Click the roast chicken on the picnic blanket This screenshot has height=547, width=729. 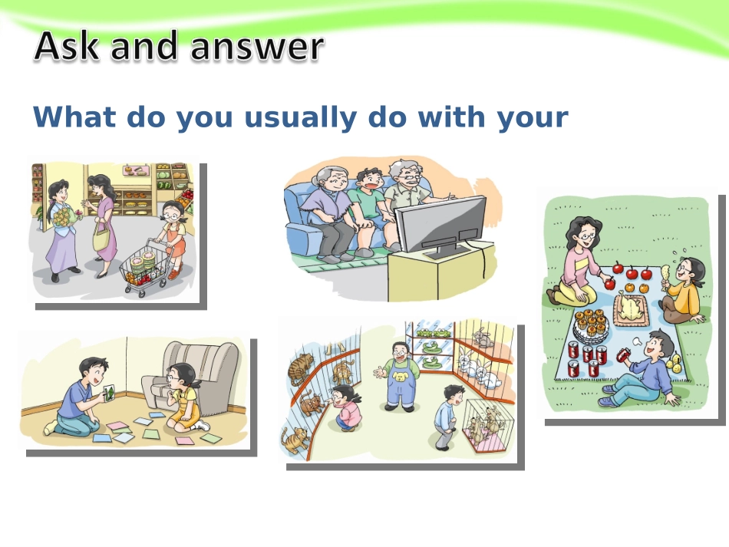tap(632, 308)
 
